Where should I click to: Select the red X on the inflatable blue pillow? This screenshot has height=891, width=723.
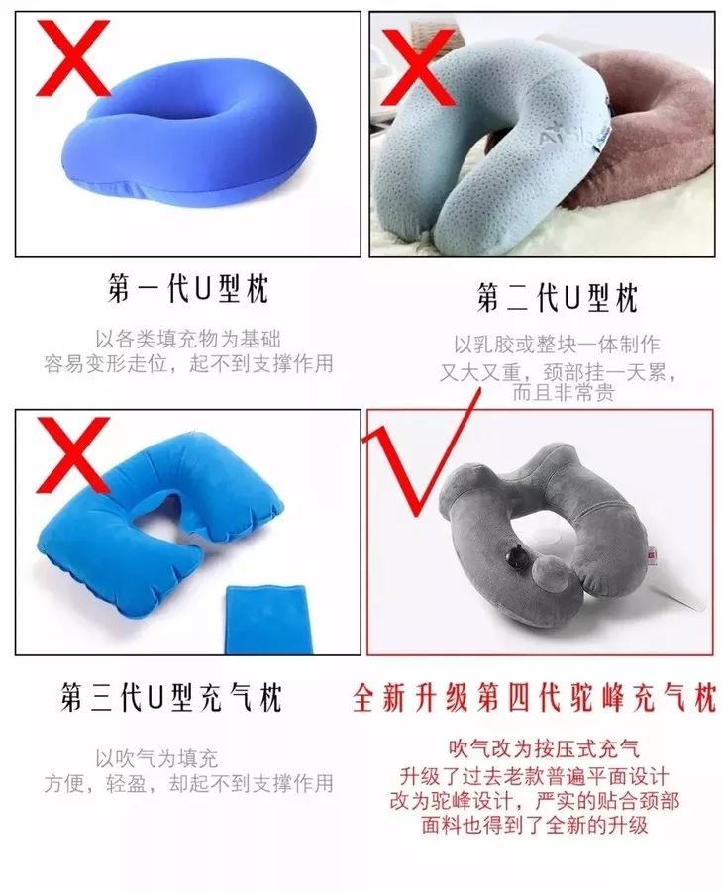71,454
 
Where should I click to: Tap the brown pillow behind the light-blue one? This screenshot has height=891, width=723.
654,119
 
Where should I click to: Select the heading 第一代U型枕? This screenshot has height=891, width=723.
187,289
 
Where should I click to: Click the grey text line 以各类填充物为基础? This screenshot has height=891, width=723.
187,339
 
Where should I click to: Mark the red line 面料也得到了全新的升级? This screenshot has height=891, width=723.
535,825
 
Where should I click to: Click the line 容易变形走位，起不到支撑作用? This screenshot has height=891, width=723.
188,363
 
